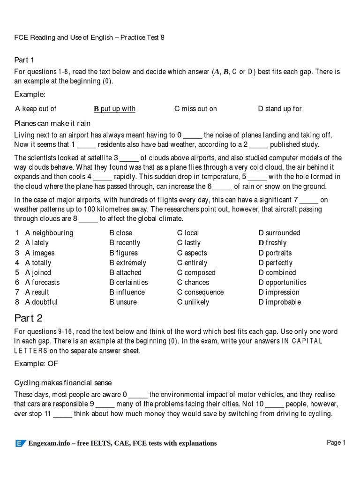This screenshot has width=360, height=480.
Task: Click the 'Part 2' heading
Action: pyautogui.click(x=29, y=318)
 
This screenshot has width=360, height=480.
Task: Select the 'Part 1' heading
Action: pyautogui.click(x=24, y=60)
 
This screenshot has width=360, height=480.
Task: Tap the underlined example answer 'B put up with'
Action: pyautogui.click(x=114, y=109)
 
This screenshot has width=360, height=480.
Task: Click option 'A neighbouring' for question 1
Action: pyautogui.click(x=49, y=233)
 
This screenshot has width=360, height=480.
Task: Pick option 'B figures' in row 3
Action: pyautogui.click(x=125, y=253)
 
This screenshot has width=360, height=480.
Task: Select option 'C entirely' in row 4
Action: pyautogui.click(x=192, y=262)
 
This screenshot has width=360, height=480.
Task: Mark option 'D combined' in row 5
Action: pyautogui.click(x=277, y=272)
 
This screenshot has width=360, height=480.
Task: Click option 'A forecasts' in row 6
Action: pyautogui.click(x=42, y=282)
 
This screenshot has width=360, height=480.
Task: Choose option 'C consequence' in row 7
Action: pyautogui.click(x=200, y=292)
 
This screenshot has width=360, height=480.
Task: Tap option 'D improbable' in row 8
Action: pyautogui.click(x=279, y=302)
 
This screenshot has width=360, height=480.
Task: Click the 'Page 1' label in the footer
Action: pyautogui.click(x=336, y=442)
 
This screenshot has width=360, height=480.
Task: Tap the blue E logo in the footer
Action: pyautogui.click(x=21, y=443)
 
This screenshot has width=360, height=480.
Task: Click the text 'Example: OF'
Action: pyautogui.click(x=37, y=363)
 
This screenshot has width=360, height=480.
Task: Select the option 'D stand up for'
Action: pyautogui.click(x=280, y=109)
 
